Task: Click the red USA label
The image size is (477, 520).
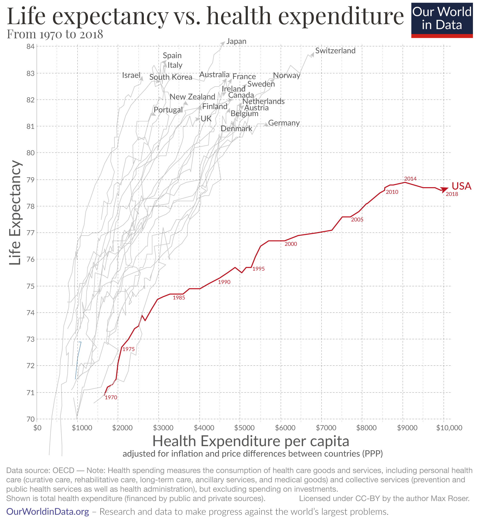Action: (461, 186)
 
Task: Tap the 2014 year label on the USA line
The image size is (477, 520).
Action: (410, 179)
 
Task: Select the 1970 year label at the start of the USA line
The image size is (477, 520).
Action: (111, 398)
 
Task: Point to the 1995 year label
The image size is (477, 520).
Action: (258, 269)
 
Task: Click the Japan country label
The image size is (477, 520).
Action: (236, 41)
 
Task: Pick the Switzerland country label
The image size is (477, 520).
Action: (335, 51)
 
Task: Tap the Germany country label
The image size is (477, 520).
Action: (284, 123)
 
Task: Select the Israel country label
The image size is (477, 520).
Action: (131, 75)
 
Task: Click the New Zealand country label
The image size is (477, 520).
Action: (192, 97)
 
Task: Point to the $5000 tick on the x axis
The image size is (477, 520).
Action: (244, 428)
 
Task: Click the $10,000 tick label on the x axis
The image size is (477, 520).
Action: (449, 428)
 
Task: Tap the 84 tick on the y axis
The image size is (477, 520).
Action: (31, 47)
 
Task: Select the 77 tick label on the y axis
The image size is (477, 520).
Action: (31, 233)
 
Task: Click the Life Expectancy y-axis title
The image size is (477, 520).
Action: (15, 213)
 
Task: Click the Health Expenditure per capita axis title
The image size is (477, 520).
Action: (251, 441)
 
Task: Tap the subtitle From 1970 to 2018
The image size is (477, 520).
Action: (55, 34)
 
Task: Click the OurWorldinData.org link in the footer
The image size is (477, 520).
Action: (48, 512)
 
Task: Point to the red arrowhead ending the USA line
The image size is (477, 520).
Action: (445, 189)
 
